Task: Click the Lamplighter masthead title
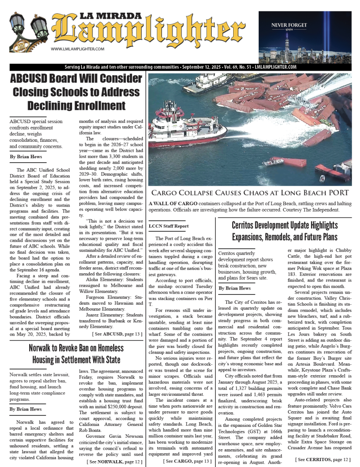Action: [151, 32]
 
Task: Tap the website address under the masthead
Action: [78, 49]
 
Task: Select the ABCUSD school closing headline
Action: [76, 92]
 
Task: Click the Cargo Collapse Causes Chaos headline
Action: [250, 193]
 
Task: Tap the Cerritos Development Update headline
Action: [285, 231]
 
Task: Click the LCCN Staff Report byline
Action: [168, 226]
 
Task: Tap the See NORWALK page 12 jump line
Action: [115, 462]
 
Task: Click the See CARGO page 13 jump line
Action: [187, 462]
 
